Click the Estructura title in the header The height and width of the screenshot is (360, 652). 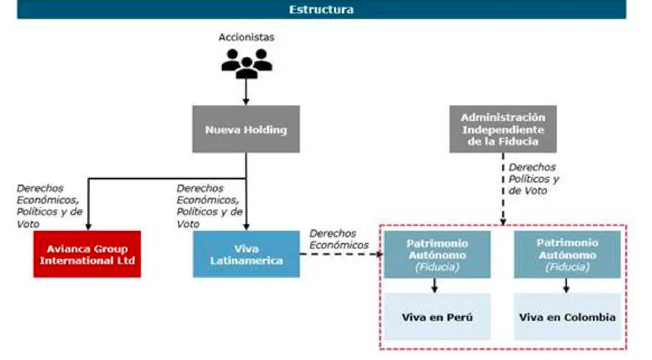(322, 10)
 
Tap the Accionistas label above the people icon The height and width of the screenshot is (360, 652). (246, 37)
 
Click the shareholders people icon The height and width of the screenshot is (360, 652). (247, 64)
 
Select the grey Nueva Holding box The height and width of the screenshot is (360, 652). (246, 129)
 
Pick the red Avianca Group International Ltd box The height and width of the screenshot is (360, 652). (87, 254)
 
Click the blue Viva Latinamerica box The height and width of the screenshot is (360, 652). (246, 254)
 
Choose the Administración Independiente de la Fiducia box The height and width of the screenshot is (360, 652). (503, 129)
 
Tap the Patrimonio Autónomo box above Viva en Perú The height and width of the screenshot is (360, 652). (437, 254)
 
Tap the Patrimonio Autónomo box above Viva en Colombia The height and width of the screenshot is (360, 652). (567, 254)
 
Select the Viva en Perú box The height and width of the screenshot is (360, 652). (437, 317)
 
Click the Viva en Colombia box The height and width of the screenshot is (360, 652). (567, 317)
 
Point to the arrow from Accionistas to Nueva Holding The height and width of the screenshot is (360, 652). (246, 91)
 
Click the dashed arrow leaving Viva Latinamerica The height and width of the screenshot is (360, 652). (341, 254)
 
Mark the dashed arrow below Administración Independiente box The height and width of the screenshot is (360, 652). (503, 189)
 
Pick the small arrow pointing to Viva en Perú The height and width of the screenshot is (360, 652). (434, 286)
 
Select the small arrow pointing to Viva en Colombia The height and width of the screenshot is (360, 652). (566, 286)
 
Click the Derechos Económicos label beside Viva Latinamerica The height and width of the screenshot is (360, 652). (339, 239)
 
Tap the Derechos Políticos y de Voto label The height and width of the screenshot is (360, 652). (534, 179)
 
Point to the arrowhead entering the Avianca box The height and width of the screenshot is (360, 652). (88, 227)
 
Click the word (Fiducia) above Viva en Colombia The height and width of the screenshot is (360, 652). (567, 267)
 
